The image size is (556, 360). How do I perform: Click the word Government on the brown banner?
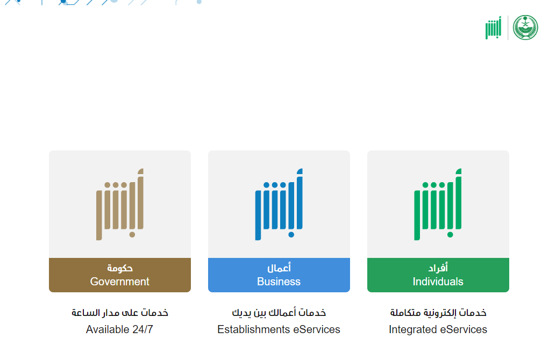[x=119, y=282]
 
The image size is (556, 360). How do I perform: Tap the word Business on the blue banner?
[x=279, y=282]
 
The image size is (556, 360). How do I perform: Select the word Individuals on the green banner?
[x=438, y=282]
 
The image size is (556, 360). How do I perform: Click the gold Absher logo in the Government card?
[x=120, y=204]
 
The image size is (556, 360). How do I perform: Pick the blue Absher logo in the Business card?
[x=279, y=204]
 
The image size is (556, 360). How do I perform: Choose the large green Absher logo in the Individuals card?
[x=438, y=204]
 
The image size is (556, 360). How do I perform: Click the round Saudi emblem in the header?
[x=525, y=27]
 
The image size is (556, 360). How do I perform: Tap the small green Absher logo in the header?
[x=493, y=27]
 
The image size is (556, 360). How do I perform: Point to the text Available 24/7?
[x=119, y=329]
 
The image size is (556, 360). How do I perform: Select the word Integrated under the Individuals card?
[x=412, y=330]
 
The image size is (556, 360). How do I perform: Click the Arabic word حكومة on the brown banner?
[x=120, y=268]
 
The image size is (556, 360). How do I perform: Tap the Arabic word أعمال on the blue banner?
[x=279, y=268]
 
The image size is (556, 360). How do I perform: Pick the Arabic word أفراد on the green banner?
[x=438, y=268]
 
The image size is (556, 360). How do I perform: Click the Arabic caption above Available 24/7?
[x=120, y=313]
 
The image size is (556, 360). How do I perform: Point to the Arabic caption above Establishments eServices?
[x=279, y=313]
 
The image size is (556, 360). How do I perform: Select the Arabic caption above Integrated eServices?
[x=438, y=313]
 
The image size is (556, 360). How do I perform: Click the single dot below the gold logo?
[x=132, y=235]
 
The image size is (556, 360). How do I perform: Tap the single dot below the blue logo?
[x=291, y=235]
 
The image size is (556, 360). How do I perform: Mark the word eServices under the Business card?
[x=317, y=329]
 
